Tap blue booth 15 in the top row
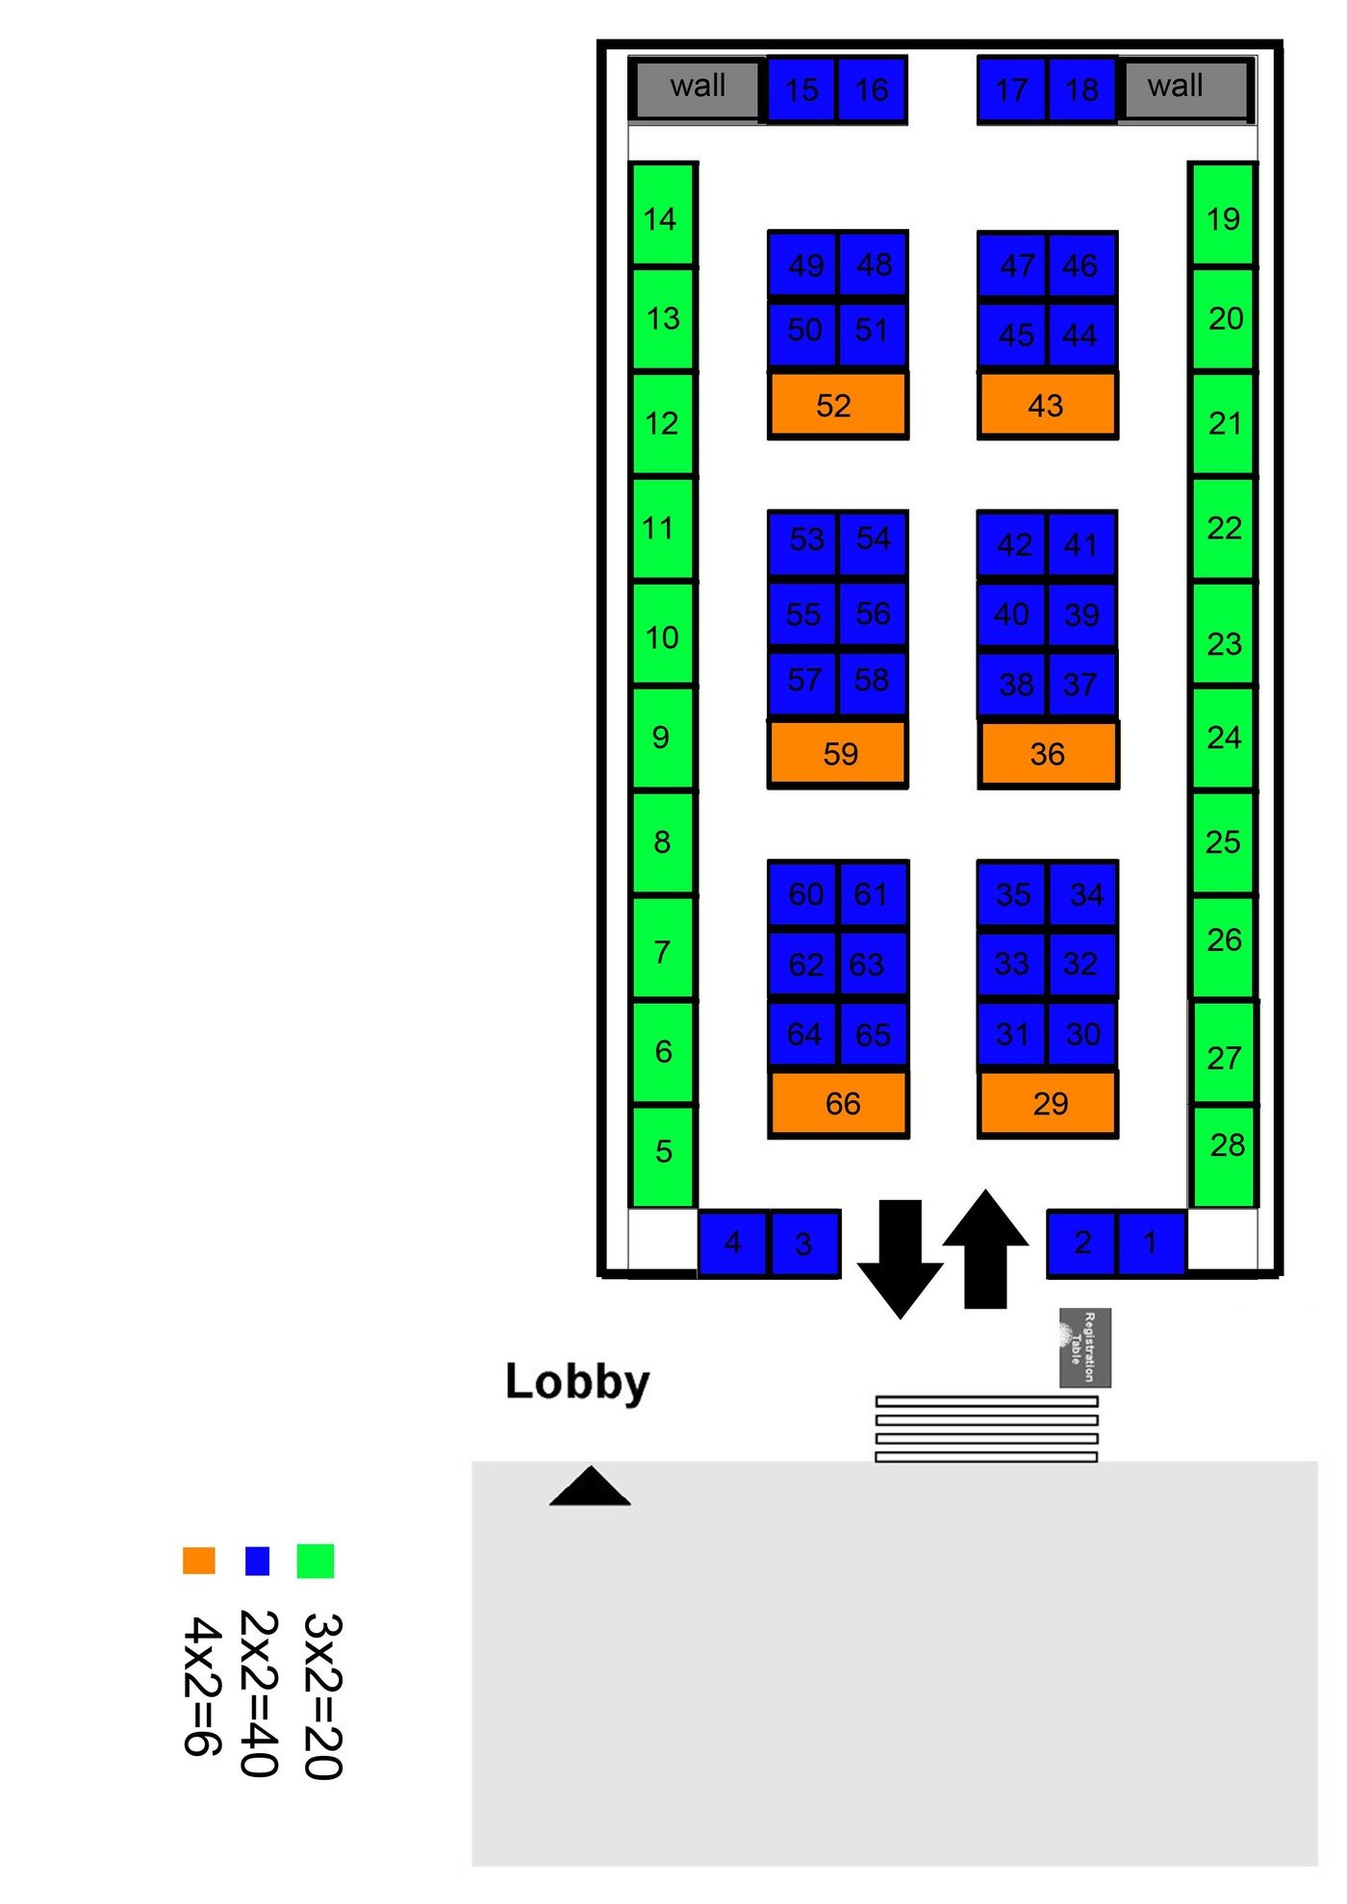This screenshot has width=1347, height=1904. pos(801,90)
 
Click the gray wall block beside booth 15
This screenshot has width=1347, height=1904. pos(697,89)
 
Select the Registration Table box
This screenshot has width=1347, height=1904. pos(1084,1346)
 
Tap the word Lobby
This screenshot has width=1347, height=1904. pos(577,1382)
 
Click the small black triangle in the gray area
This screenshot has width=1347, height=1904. pos(590,1488)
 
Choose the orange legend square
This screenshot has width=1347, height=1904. pos(198,1560)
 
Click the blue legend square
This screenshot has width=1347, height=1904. pos(257,1560)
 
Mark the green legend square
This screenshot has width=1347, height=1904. pos(316,1560)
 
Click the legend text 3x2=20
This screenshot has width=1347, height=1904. pos(323,1696)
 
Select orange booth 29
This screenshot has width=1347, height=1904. pos(1048,1104)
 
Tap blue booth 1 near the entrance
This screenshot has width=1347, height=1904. pos(1151,1243)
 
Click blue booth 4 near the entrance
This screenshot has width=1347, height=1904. pos(732,1243)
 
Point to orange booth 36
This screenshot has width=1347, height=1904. pos(1048,754)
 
